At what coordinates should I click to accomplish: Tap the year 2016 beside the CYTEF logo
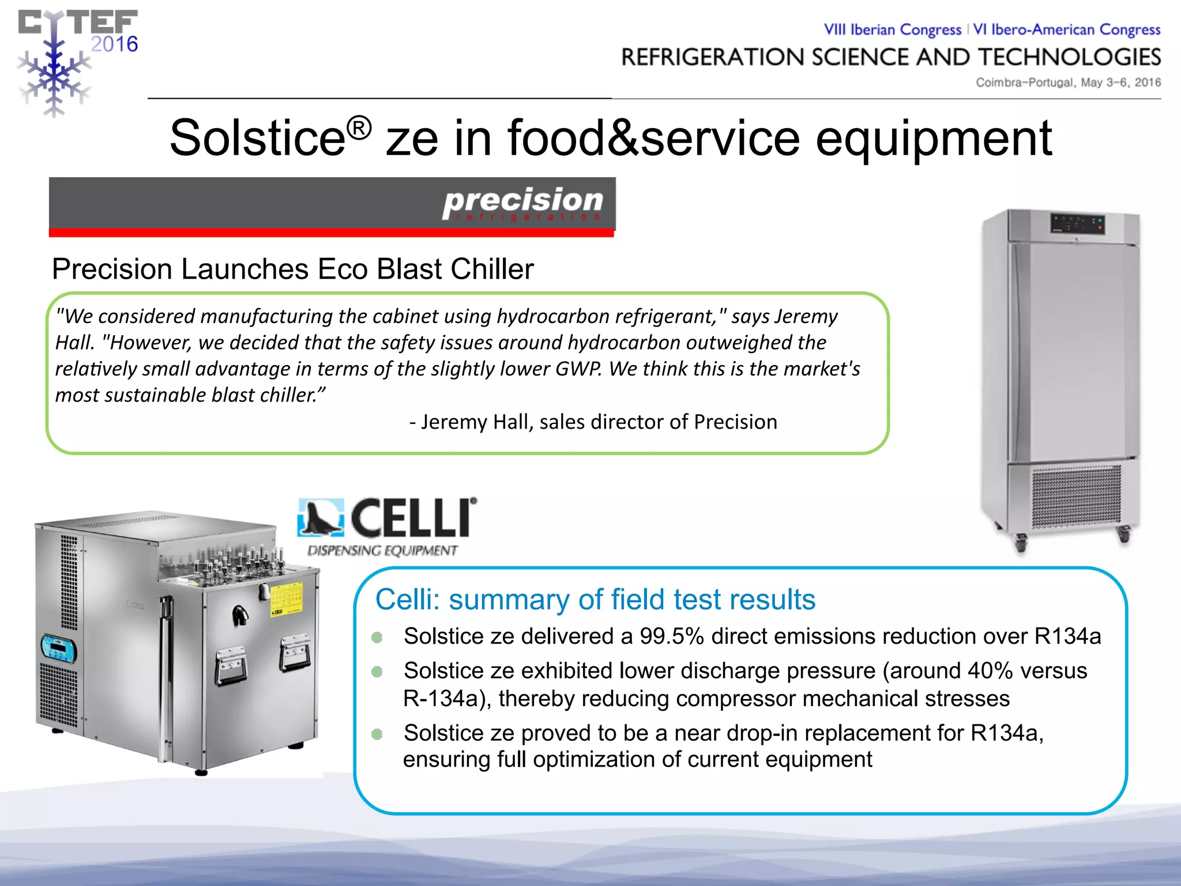(114, 44)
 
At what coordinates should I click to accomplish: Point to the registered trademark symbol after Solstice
(359, 128)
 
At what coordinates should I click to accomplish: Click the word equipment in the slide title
(934, 138)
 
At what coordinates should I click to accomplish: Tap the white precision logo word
(522, 200)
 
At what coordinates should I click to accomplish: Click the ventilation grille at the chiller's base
(1076, 496)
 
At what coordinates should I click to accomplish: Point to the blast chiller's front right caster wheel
(1123, 534)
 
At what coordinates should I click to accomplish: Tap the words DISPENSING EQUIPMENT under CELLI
(382, 550)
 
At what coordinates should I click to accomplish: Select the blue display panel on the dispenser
(58, 650)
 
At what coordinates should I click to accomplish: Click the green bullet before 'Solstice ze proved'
(377, 734)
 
